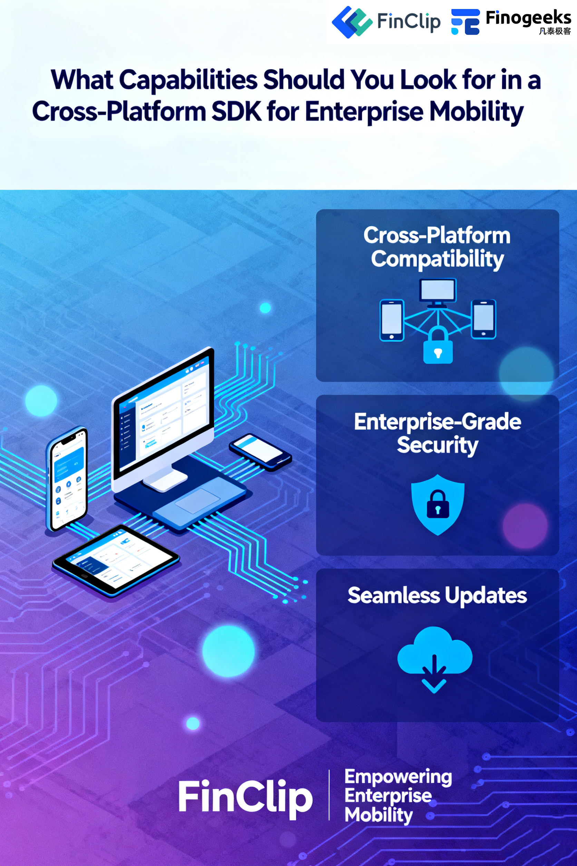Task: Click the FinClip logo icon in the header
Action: coord(351,22)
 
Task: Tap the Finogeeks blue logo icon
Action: coord(465,22)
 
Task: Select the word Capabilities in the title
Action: coord(188,80)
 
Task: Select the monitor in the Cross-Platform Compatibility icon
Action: coord(438,291)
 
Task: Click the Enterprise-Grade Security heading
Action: coord(437,433)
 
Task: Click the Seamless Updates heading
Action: coord(437,596)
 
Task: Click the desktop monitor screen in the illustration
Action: coord(164,412)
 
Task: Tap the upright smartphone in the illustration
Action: coord(67,479)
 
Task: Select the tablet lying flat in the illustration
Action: coord(116,560)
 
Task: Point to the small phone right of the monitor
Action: coord(260,452)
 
